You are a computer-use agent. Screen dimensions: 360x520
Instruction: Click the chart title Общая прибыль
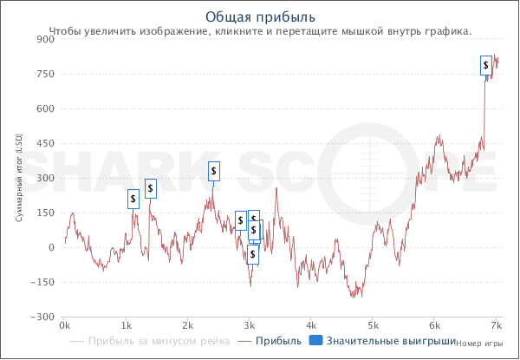tap(261, 16)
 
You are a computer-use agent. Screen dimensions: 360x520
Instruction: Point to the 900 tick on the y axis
tap(45, 40)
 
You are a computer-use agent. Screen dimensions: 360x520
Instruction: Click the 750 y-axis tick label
tap(45, 75)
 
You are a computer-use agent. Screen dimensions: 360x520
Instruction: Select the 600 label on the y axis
tap(45, 109)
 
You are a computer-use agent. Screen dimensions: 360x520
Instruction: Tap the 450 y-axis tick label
tap(45, 144)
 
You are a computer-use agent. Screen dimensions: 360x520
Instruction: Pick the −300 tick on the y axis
tap(42, 317)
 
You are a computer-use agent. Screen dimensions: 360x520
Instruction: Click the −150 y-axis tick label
tap(42, 283)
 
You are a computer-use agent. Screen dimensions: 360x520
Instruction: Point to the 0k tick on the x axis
tap(65, 326)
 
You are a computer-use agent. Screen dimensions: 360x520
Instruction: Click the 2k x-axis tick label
tap(187, 326)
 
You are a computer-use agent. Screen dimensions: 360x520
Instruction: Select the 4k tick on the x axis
tap(311, 326)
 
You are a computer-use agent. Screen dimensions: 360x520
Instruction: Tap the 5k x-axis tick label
tap(373, 326)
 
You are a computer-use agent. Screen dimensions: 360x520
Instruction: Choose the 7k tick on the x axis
tap(496, 326)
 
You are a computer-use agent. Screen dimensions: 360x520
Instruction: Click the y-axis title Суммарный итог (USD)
tap(19, 178)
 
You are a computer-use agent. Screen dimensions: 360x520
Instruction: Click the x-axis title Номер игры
tap(479, 344)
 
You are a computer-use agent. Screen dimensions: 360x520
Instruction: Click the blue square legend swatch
tap(315, 341)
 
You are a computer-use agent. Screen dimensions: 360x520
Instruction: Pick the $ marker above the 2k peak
tap(214, 171)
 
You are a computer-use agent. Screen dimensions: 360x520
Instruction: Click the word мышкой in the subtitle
tap(345, 30)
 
